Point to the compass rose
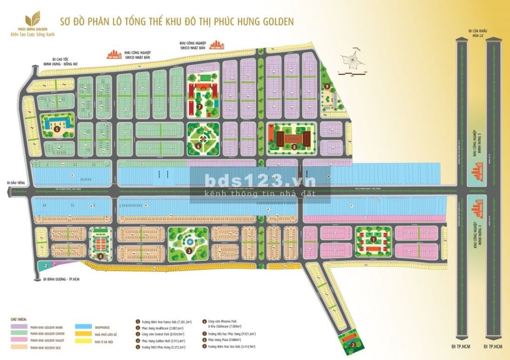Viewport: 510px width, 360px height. click(353, 61)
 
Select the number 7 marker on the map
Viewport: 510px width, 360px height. click(199, 107)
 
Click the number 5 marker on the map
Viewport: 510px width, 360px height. click(57, 128)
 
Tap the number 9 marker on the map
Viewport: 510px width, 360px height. click(327, 86)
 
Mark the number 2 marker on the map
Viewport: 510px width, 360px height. click(352, 344)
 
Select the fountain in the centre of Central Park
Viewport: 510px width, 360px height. click(189, 241)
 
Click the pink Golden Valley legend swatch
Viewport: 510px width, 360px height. click(18, 340)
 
